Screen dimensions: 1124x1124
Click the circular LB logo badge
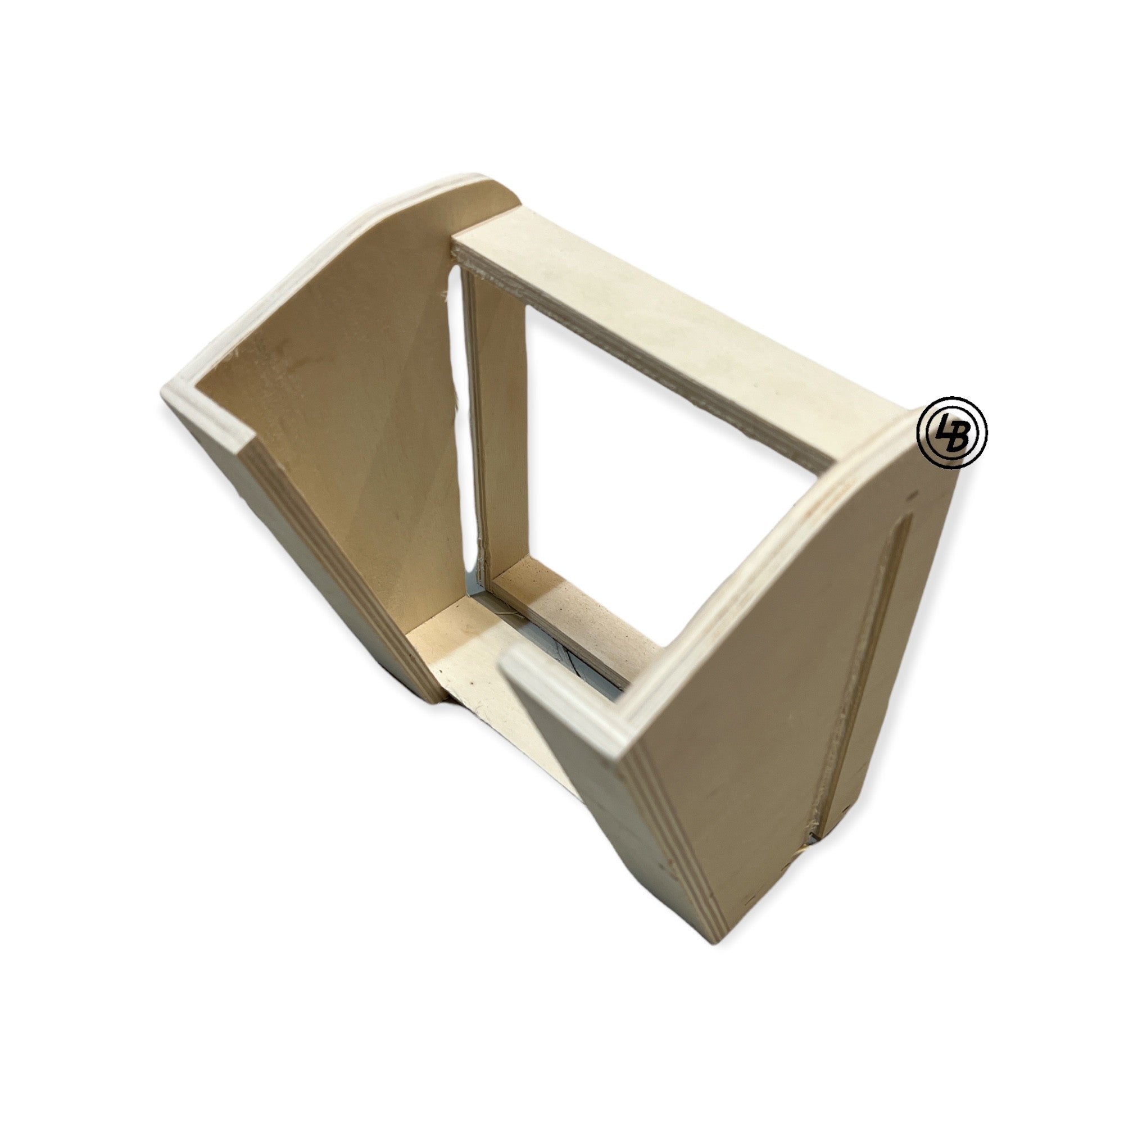pos(952,432)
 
